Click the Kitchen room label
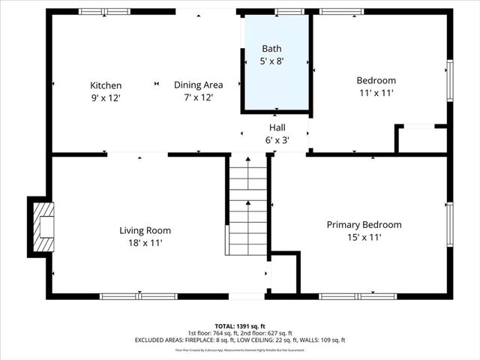106,85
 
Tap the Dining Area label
199,85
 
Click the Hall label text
277,127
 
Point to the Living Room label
145,230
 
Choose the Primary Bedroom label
364,224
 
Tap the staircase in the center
247,206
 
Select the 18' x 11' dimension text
145,243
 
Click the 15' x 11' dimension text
364,237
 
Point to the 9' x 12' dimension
106,97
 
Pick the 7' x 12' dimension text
199,97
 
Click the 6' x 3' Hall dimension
277,139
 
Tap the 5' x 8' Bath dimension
272,61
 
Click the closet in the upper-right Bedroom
421,139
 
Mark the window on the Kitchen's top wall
104,12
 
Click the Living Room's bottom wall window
139,296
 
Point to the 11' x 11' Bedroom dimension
376,93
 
